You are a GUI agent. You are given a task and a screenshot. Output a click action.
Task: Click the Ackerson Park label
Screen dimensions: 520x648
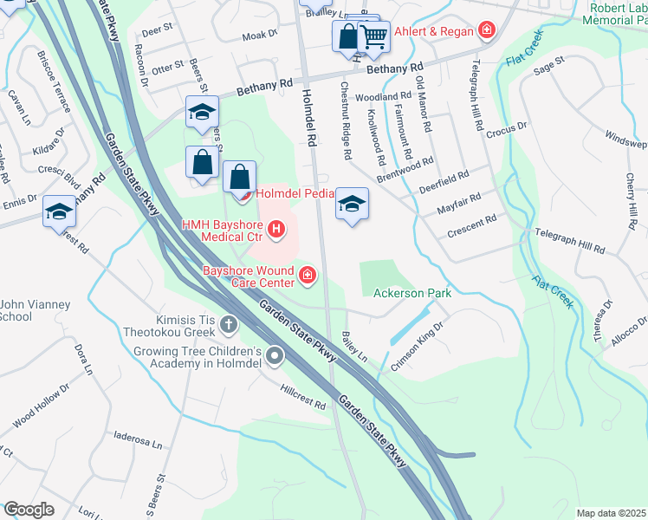[x=412, y=294]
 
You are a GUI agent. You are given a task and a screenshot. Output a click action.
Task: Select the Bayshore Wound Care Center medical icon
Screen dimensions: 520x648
[x=307, y=276]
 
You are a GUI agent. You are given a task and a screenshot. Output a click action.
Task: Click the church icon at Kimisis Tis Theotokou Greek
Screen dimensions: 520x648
[x=229, y=325]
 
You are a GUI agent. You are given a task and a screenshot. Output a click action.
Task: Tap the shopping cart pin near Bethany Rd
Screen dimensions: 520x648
[x=374, y=36]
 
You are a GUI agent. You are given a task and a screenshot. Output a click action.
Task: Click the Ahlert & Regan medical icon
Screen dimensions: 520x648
[x=487, y=32]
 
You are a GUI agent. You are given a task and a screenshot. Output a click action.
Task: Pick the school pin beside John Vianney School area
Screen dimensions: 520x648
[x=60, y=211]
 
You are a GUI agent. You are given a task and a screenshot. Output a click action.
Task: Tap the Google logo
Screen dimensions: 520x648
[x=29, y=510]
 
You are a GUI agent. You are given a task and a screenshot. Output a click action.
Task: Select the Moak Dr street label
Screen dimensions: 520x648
[x=259, y=36]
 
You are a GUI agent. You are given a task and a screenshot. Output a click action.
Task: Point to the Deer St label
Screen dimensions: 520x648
[x=152, y=31]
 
